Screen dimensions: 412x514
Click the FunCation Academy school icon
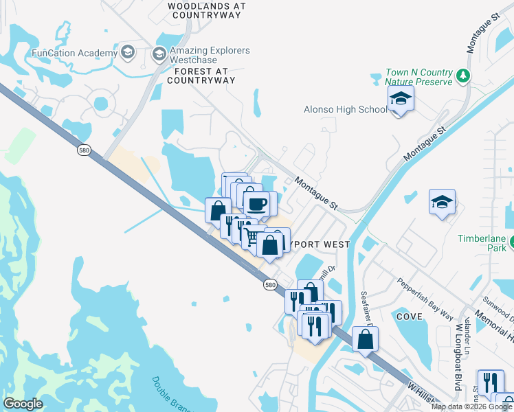coord(128,53)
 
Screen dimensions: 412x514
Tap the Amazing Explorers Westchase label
coord(210,55)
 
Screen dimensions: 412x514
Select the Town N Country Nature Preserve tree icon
coord(464,75)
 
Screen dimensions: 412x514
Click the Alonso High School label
coord(346,109)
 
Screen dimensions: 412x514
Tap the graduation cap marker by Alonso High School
coord(401,100)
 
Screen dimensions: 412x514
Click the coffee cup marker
coord(257,204)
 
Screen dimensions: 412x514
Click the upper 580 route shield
coord(83,150)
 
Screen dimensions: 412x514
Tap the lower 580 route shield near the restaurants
coord(271,284)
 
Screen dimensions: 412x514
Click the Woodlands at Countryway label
coord(206,10)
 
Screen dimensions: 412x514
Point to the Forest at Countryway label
coord(205,76)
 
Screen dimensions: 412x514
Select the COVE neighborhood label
coord(408,317)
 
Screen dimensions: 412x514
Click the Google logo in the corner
coord(23,403)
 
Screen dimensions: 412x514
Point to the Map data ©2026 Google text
coord(471,407)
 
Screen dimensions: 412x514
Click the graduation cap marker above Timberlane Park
coord(443,203)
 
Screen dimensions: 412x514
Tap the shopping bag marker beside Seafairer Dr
coord(366,339)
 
